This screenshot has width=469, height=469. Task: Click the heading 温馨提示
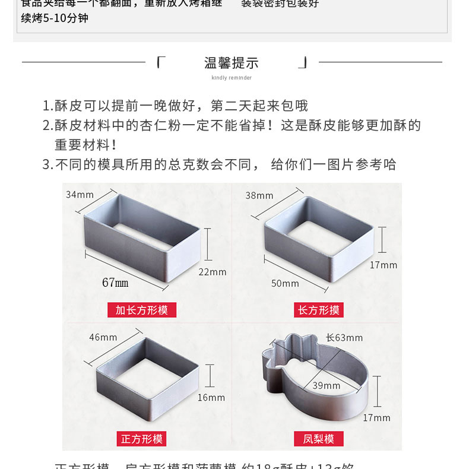231,63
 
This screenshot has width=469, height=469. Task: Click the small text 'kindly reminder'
232,78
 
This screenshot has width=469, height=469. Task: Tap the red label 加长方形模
142,310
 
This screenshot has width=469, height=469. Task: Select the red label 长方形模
319,310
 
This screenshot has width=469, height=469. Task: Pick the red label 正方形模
142,439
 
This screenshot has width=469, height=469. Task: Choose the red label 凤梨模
319,439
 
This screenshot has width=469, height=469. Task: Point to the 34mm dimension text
80,194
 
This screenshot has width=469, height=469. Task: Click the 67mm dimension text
115,283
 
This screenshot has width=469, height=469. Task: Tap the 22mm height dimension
212,272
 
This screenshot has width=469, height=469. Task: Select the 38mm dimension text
259,195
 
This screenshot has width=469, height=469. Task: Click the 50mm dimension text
285,284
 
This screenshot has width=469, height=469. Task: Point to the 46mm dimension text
103,337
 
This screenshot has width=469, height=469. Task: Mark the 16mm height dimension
211,397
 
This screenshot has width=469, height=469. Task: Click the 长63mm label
344,338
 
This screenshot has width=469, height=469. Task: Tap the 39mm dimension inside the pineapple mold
326,386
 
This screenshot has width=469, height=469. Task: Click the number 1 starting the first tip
46,106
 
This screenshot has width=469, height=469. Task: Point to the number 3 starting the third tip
46,164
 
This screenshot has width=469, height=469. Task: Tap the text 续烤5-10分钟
55,18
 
